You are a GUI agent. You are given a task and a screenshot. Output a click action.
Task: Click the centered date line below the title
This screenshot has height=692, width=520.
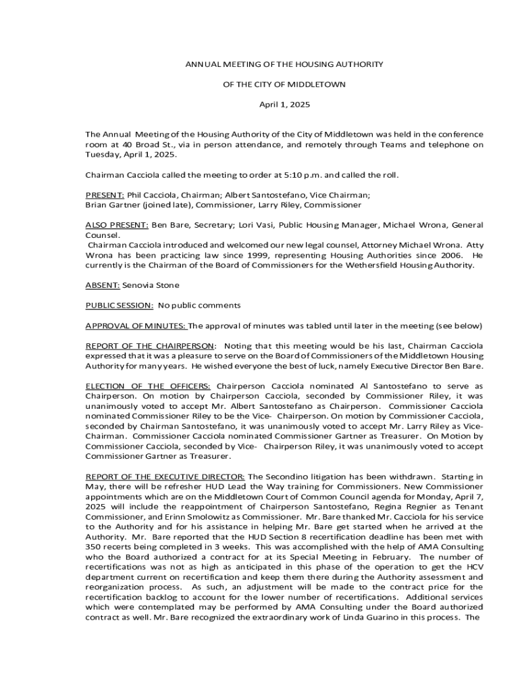pos(284,105)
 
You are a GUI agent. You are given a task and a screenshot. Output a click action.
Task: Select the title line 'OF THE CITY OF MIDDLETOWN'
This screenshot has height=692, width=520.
pos(284,84)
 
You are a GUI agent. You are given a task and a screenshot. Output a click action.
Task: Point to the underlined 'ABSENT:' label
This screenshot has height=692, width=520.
pos(102,285)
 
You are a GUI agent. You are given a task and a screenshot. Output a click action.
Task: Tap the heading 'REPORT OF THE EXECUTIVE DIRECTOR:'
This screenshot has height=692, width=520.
pos(165,476)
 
